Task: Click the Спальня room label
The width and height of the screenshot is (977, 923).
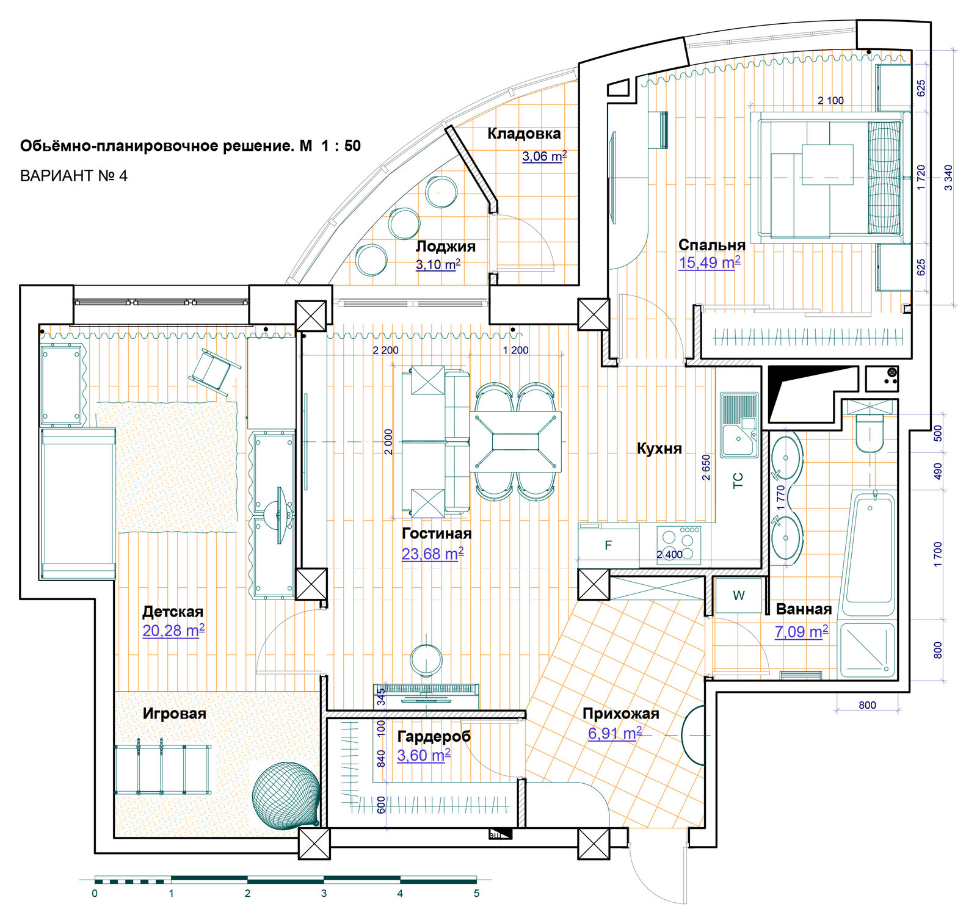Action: (711, 245)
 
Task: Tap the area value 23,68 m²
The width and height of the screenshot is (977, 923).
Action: (432, 554)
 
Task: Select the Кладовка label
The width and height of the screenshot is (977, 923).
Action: (524, 134)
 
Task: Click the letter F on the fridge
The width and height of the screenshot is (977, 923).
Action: (608, 545)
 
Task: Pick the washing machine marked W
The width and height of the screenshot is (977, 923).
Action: (738, 595)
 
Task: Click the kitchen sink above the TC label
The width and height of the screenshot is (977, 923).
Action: (739, 425)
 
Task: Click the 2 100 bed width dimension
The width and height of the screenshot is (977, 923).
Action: (830, 101)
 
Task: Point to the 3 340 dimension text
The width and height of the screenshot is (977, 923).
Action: (948, 178)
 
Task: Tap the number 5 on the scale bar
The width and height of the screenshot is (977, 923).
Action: (476, 894)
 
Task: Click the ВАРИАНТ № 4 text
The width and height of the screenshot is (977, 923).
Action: (74, 176)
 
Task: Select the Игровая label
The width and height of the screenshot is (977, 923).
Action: (174, 714)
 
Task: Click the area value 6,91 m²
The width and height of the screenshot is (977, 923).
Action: (615, 733)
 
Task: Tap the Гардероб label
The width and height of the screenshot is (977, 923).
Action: (434, 736)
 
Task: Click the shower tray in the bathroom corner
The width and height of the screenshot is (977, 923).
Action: (868, 650)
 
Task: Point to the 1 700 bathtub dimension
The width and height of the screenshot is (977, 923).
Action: (938, 554)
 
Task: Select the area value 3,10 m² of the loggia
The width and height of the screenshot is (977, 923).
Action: (438, 265)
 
